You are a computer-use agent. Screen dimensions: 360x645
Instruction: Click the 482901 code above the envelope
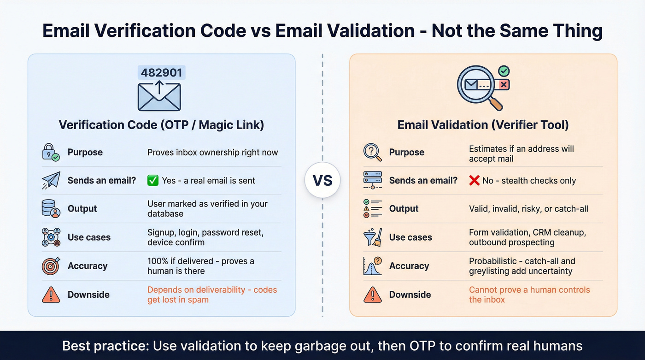click(x=161, y=73)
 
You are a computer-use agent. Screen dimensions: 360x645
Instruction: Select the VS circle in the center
click(x=322, y=180)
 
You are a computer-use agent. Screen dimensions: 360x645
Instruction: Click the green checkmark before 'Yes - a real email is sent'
click(x=153, y=181)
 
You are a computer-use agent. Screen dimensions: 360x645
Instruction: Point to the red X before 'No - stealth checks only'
click(x=474, y=181)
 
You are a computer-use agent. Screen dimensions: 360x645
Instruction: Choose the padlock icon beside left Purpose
click(x=51, y=153)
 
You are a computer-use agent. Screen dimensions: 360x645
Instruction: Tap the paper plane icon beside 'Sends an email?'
click(x=51, y=181)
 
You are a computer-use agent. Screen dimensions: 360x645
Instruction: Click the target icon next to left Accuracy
click(x=51, y=266)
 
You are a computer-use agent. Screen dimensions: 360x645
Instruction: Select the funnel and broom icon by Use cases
click(x=372, y=237)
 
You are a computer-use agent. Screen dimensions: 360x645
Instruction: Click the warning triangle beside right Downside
click(x=372, y=295)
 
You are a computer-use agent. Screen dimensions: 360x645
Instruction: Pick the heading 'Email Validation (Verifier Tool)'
click(x=483, y=125)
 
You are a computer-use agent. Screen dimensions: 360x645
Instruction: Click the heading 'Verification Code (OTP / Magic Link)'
click(x=161, y=125)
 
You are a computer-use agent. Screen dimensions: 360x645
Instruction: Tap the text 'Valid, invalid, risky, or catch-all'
click(x=528, y=209)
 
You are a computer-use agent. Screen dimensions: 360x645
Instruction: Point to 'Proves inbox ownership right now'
click(x=212, y=153)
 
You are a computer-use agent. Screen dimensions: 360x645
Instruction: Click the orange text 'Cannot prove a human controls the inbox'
click(x=529, y=295)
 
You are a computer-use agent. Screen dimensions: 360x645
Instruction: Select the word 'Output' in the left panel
click(x=82, y=209)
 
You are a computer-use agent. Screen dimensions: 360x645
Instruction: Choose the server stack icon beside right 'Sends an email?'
click(x=372, y=181)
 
